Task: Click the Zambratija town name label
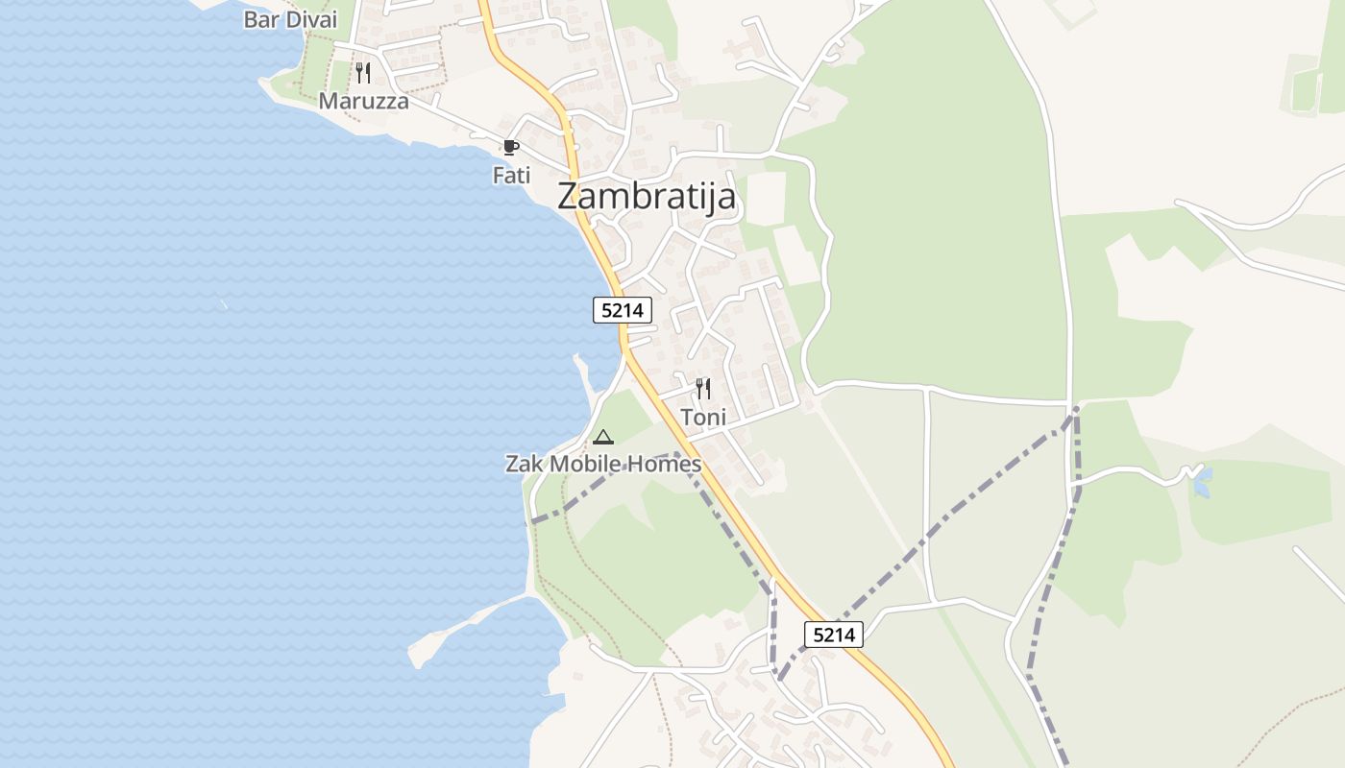647,197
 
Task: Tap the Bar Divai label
290,19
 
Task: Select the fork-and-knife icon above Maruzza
363,73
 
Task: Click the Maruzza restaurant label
363,101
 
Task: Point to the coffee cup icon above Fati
510,148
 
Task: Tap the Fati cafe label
511,176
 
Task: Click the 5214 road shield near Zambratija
623,310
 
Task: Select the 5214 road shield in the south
833,635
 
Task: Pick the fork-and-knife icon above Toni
703,389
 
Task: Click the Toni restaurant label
703,418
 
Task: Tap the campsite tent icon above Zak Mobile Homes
603,438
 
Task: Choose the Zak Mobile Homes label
603,465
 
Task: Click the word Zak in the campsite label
525,465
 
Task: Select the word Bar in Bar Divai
260,19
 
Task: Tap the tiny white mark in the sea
223,305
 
